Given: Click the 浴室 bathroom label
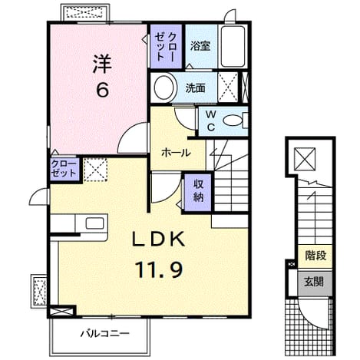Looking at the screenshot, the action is coord(200,46).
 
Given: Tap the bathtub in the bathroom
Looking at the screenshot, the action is coord(233,46).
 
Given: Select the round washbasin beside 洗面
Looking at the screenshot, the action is coord(164,88).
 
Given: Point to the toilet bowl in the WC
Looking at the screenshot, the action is coord(233,121).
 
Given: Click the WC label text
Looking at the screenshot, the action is coord(211,121).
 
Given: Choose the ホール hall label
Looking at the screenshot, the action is coord(176,153).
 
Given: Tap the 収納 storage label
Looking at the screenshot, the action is coord(198,190).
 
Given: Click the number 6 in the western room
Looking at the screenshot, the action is coord(102,91).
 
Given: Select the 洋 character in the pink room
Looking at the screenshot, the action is coord(102,64).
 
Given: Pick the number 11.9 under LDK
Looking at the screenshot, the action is coord(160,269).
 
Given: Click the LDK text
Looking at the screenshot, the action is coord(158,239).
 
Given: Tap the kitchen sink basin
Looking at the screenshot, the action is coord(94,223).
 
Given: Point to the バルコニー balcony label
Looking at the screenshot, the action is coord(105,334).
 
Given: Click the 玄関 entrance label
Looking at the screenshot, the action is coord(314,282).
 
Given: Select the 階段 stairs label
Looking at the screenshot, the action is coord(315,256).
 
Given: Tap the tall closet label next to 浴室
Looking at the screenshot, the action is coord(166,47).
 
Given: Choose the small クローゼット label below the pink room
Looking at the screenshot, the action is coord(64,169).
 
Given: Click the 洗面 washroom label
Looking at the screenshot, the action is coord(196,88).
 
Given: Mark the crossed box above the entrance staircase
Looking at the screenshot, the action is coord(305,159).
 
